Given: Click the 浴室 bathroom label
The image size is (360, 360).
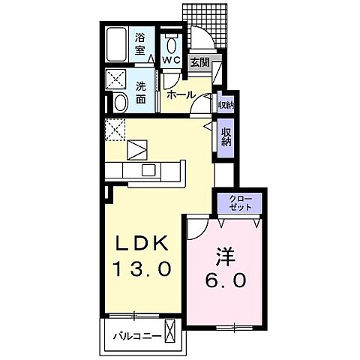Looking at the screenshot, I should tap(140, 45).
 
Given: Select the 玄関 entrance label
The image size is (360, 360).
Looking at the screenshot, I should tap(199, 62).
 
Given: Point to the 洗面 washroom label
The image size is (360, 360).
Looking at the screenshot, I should tap(141, 92).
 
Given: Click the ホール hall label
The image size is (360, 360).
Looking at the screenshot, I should tap(181, 94).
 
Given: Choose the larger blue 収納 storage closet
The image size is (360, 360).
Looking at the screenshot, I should tap(225, 137).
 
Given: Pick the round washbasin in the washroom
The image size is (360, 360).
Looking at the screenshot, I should tap(119, 101).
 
